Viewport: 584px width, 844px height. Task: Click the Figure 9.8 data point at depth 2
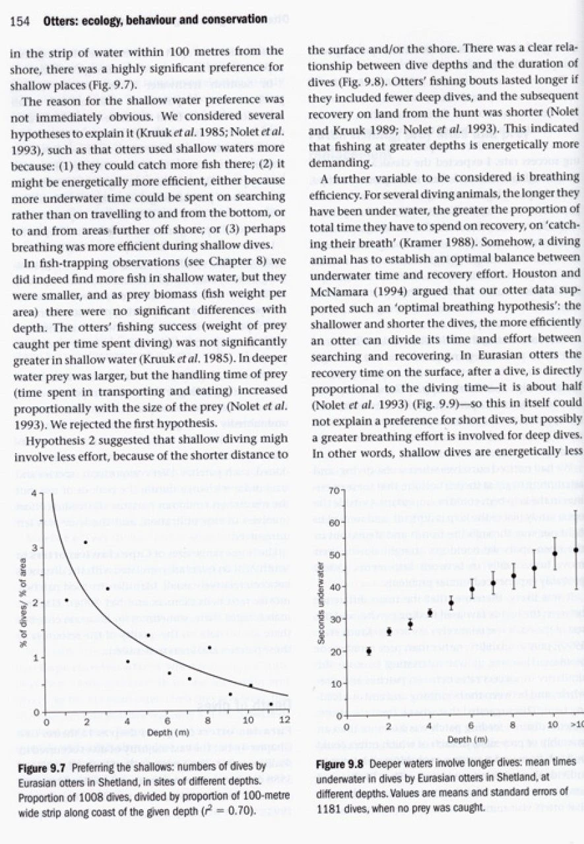pyautogui.click(x=389, y=631)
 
